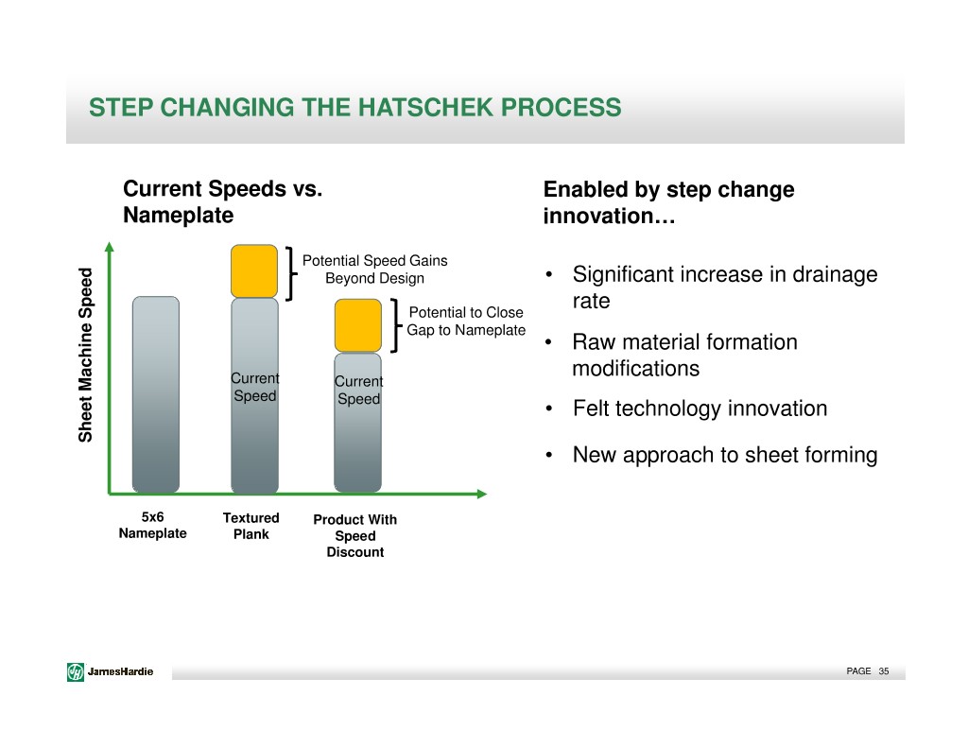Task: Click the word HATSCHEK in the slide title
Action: [x=426, y=108]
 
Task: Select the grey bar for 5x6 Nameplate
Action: [x=156, y=394]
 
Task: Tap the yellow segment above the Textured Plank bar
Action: [x=254, y=271]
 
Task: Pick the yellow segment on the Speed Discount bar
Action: [x=358, y=325]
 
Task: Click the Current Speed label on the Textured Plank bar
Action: [x=255, y=388]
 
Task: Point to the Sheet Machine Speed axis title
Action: [x=85, y=355]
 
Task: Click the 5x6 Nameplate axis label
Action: [x=152, y=525]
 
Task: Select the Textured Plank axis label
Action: [x=251, y=527]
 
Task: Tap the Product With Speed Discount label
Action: [x=355, y=535]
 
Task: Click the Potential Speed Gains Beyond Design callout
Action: [x=374, y=270]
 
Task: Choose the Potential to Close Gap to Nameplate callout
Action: [x=466, y=322]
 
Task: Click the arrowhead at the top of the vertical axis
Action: [x=110, y=247]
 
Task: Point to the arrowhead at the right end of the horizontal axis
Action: [x=482, y=494]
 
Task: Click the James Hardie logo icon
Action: [x=76, y=671]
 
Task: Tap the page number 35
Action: [x=884, y=671]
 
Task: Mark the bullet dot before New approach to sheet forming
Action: [x=548, y=456]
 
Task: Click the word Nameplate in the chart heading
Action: [x=179, y=216]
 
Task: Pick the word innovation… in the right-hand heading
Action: [x=610, y=217]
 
